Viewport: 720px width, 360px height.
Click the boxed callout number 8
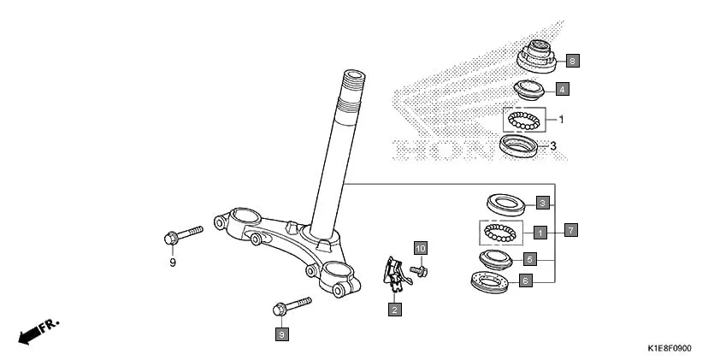click(x=572, y=61)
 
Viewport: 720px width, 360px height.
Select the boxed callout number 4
click(x=561, y=88)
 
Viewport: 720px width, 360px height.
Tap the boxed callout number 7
click(x=571, y=230)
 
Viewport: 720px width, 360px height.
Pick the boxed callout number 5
click(x=528, y=258)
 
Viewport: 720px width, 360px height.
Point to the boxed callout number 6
click(x=526, y=280)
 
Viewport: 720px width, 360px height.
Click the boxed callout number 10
click(x=420, y=248)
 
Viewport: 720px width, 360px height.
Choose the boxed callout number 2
click(x=394, y=309)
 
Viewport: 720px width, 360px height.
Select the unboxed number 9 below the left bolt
click(x=172, y=263)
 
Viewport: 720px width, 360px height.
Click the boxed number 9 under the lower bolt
click(x=281, y=334)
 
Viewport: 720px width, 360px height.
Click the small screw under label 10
click(x=419, y=271)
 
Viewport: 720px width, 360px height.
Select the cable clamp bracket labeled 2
click(x=392, y=272)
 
